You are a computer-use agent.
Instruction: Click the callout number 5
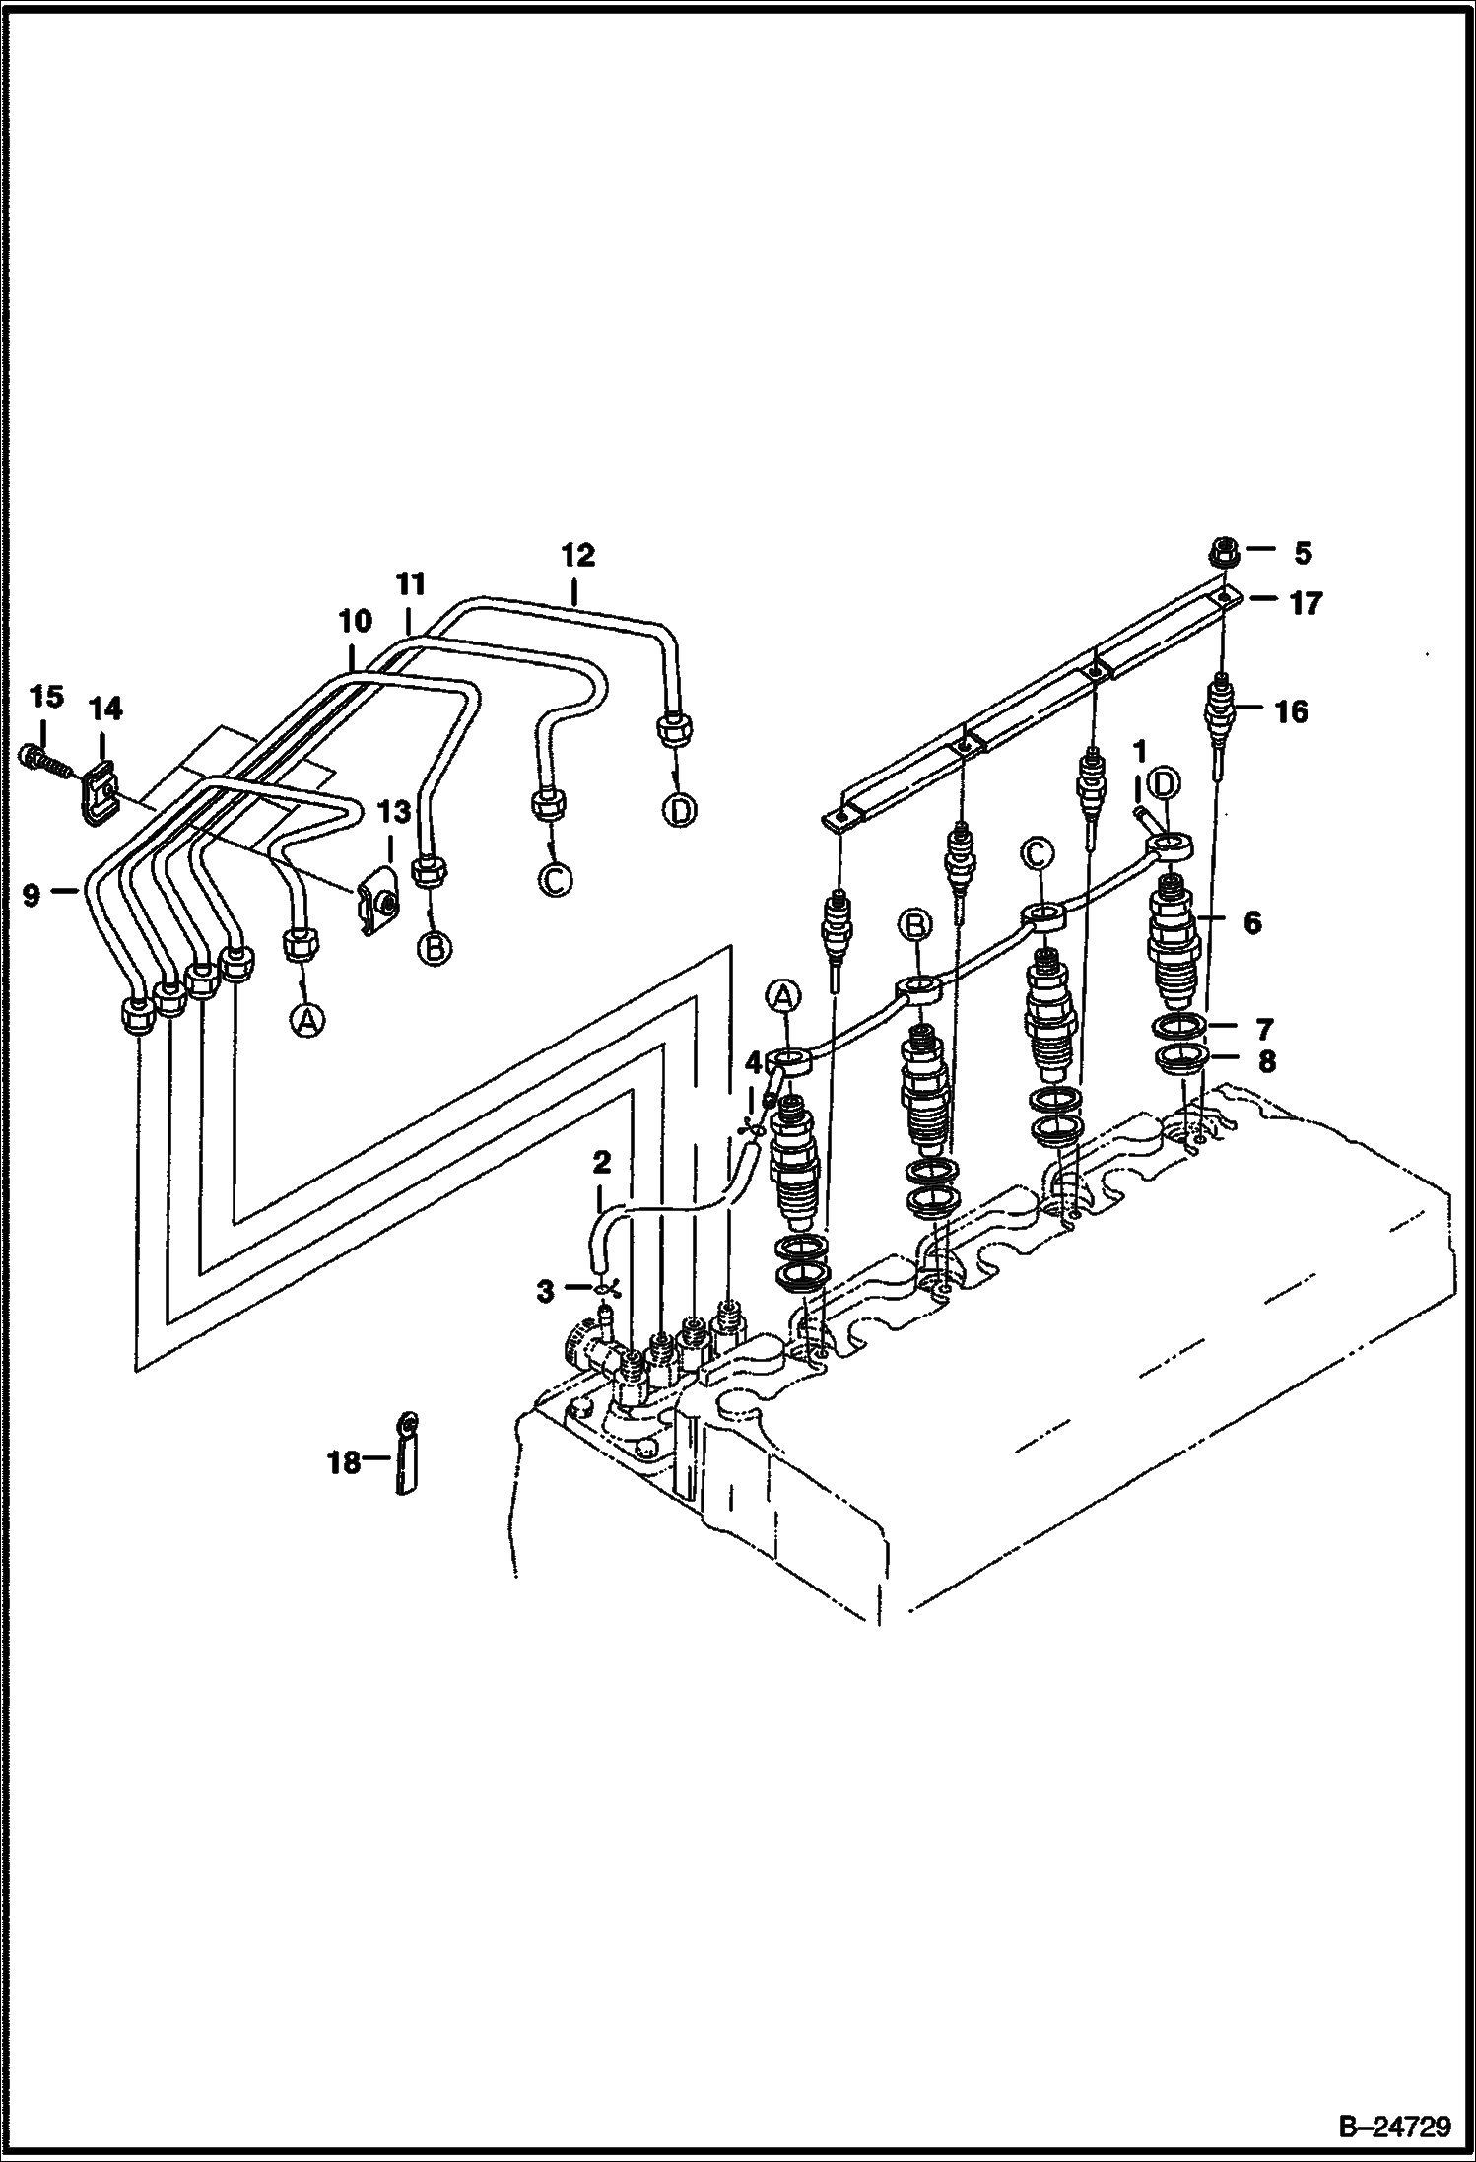coord(1303,554)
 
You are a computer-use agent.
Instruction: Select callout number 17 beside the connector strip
coord(1306,602)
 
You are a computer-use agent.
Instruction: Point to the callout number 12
coord(578,556)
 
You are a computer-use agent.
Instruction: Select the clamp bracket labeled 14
coord(97,785)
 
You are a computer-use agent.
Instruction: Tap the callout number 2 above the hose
coord(602,1163)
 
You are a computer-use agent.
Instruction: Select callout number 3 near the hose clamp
coord(546,1292)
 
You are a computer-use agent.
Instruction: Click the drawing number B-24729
coord(1394,2123)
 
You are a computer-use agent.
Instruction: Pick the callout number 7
coord(1266,1028)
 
